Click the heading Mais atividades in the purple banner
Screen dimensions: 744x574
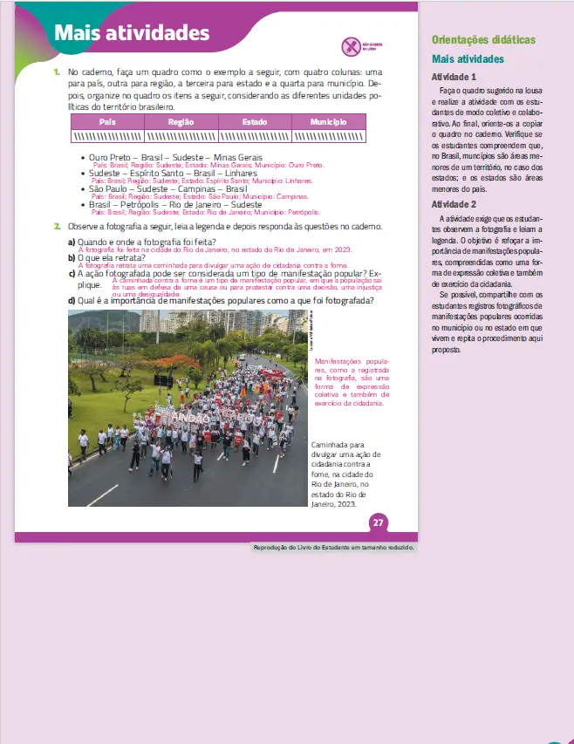coord(131,33)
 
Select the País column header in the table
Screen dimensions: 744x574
coord(107,122)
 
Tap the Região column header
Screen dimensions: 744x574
coord(181,122)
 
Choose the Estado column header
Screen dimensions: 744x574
coord(254,122)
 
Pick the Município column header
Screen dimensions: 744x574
coord(328,122)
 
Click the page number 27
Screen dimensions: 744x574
coord(378,522)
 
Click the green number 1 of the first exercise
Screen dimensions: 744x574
coord(57,71)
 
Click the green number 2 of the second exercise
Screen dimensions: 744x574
coord(57,226)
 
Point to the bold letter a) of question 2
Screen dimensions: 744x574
coord(72,242)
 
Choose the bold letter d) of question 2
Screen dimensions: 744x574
coord(72,302)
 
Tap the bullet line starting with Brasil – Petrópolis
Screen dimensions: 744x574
coord(173,204)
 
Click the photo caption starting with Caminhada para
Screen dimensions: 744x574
coord(339,474)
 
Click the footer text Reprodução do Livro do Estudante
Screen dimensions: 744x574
coord(333,547)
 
